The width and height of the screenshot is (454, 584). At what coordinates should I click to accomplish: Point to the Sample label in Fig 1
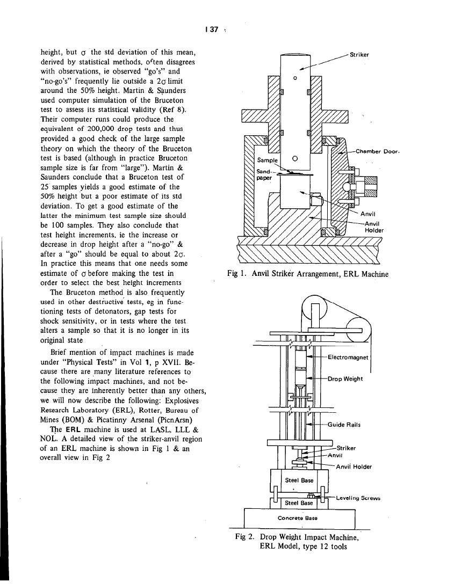point(266,160)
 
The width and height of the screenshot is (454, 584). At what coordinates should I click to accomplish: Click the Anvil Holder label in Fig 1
point(374,227)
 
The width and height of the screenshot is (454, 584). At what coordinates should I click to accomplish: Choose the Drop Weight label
point(345,379)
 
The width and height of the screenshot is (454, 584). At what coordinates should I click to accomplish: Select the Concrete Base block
point(299,518)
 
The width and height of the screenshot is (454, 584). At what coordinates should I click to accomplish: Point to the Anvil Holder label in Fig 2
point(354,466)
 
